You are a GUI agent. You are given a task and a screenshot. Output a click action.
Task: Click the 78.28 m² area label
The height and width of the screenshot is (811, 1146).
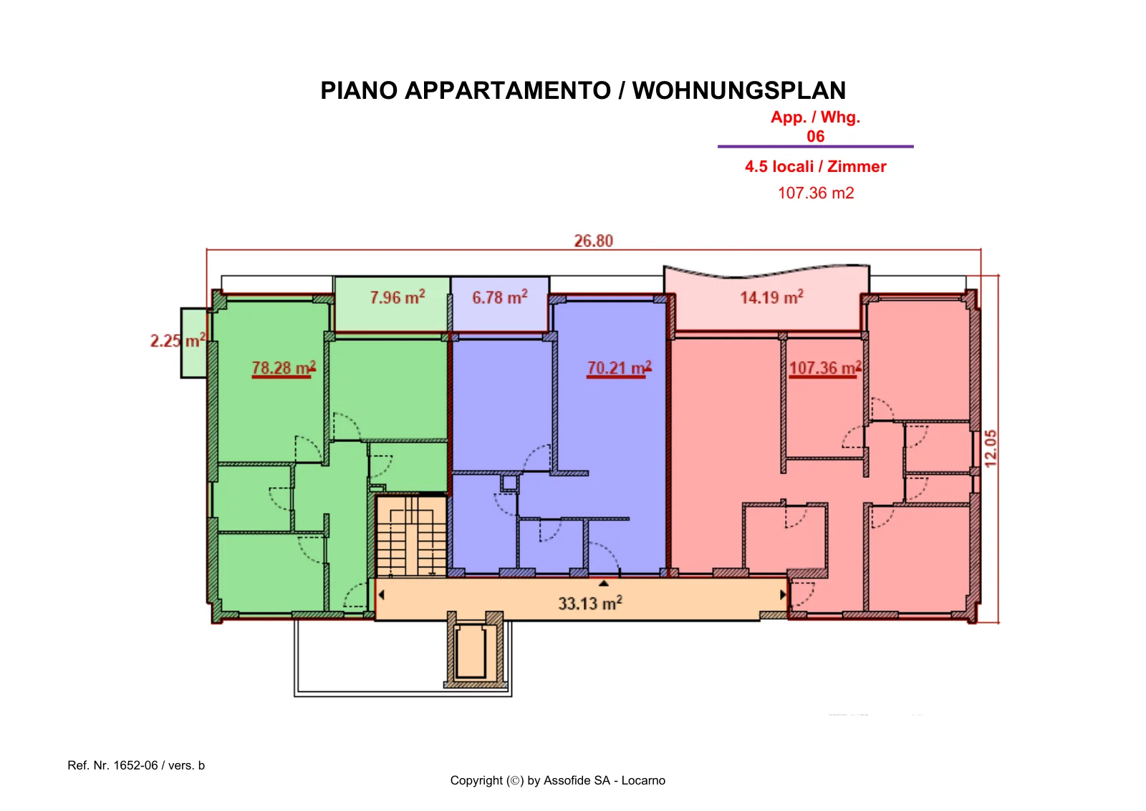click(284, 368)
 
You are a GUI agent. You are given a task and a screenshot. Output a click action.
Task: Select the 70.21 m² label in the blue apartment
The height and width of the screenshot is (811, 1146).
click(619, 368)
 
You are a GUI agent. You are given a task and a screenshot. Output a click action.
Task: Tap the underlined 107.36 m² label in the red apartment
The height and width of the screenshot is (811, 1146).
click(825, 368)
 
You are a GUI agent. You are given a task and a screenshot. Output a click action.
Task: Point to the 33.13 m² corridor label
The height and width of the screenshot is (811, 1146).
click(590, 603)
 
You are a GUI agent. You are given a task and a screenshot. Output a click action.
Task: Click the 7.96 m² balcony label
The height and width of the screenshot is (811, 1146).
click(398, 297)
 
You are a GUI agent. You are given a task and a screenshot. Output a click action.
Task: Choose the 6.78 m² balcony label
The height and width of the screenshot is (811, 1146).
click(500, 297)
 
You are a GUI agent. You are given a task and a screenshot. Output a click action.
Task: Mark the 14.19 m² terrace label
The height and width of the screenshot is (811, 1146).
click(772, 297)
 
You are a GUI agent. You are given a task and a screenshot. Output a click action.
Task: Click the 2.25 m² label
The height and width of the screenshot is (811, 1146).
click(178, 340)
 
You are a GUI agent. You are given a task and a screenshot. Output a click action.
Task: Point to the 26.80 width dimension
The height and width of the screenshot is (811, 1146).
click(594, 241)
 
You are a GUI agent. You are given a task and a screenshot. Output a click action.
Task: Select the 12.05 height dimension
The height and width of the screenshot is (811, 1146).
click(991, 448)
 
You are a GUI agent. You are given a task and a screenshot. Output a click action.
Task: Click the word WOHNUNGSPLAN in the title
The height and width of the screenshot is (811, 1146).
click(738, 90)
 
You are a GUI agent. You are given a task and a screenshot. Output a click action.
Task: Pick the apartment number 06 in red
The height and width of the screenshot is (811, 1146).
click(816, 136)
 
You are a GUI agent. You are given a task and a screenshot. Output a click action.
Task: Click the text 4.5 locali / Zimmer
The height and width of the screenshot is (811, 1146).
click(816, 166)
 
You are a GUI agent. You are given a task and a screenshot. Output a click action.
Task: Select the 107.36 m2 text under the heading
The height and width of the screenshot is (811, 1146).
click(816, 193)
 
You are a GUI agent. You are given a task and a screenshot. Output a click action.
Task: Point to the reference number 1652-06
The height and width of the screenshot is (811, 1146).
click(135, 765)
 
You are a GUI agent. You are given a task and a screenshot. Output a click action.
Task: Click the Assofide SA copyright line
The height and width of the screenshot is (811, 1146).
click(558, 780)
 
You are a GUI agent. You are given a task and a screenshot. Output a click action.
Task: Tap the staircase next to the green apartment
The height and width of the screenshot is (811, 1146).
click(411, 536)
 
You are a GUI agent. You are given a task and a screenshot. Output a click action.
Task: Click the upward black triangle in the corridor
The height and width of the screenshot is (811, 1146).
click(604, 583)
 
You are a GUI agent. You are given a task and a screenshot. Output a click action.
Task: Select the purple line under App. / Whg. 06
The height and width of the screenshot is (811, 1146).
click(816, 146)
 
